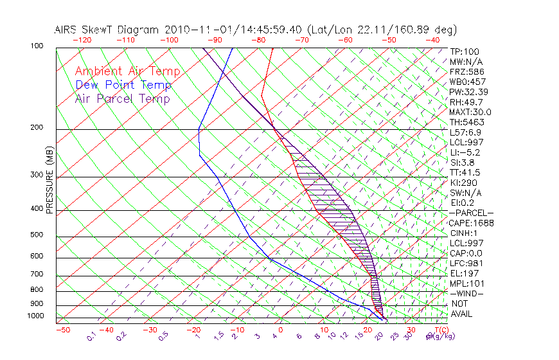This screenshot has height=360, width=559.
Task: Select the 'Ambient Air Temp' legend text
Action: tap(127, 72)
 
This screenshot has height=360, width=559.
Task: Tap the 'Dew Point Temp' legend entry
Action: tap(123, 85)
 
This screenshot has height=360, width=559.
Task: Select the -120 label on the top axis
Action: tap(81, 39)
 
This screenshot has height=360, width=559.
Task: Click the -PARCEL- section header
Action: tap(471, 213)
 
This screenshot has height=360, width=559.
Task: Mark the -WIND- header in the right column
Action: tap(467, 293)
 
